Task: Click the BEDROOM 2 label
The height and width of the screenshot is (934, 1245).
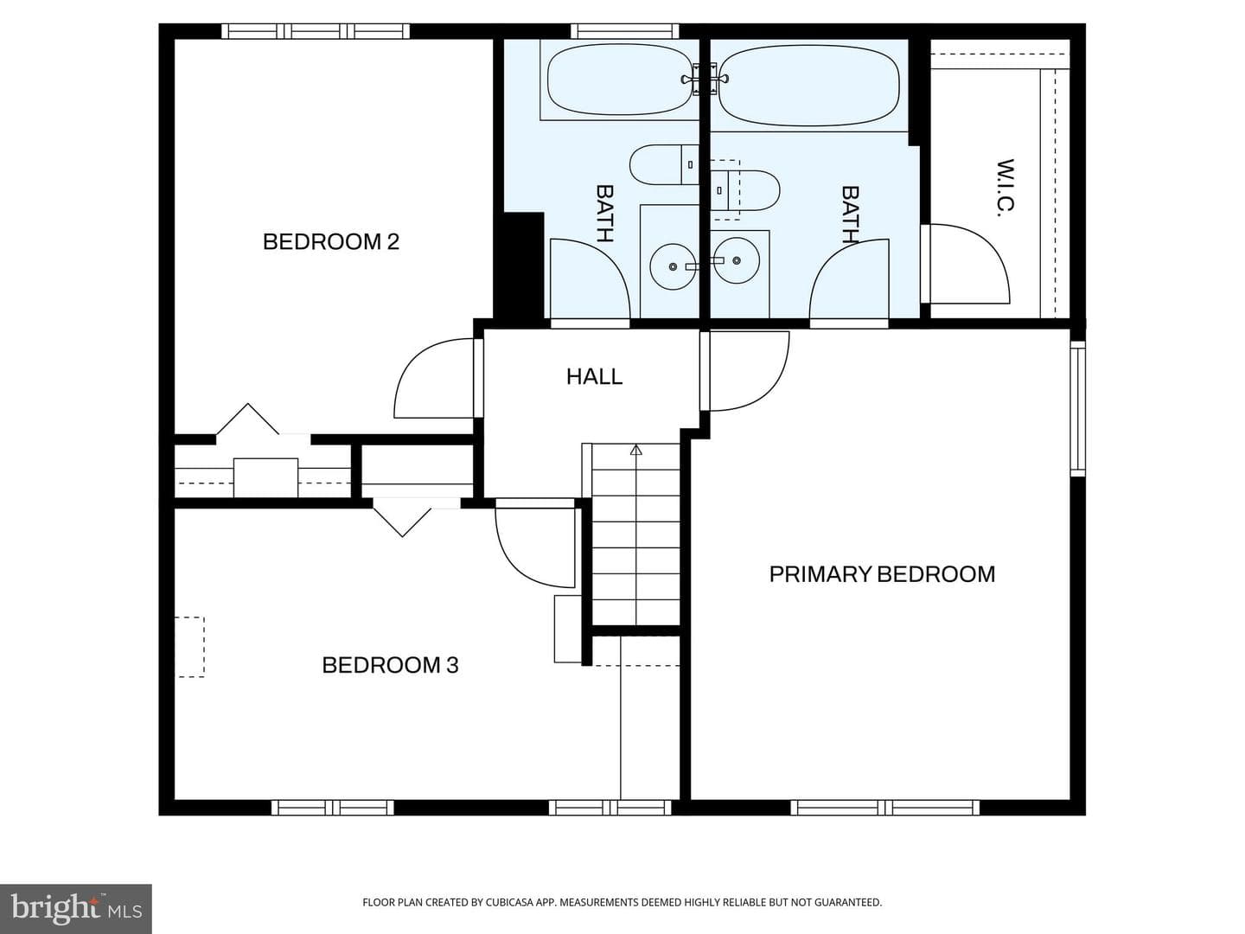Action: click(330, 241)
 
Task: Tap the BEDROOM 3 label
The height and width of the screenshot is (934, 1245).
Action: click(390, 665)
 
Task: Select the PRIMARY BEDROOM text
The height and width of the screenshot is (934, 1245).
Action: click(882, 574)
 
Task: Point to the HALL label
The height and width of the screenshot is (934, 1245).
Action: click(595, 376)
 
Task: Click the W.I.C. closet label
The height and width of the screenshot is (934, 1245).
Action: click(1005, 187)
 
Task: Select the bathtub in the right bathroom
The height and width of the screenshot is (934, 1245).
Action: click(809, 85)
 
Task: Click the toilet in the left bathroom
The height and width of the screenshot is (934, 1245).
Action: click(664, 164)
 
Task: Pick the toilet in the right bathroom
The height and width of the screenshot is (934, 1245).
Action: click(745, 190)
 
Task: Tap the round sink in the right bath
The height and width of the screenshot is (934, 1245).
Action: click(737, 260)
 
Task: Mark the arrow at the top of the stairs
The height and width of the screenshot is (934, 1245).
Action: click(636, 451)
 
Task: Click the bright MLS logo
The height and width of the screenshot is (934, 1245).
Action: click(76, 909)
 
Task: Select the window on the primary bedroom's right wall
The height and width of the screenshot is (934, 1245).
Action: click(1077, 409)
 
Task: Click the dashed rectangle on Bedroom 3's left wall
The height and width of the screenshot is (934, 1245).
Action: click(190, 647)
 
